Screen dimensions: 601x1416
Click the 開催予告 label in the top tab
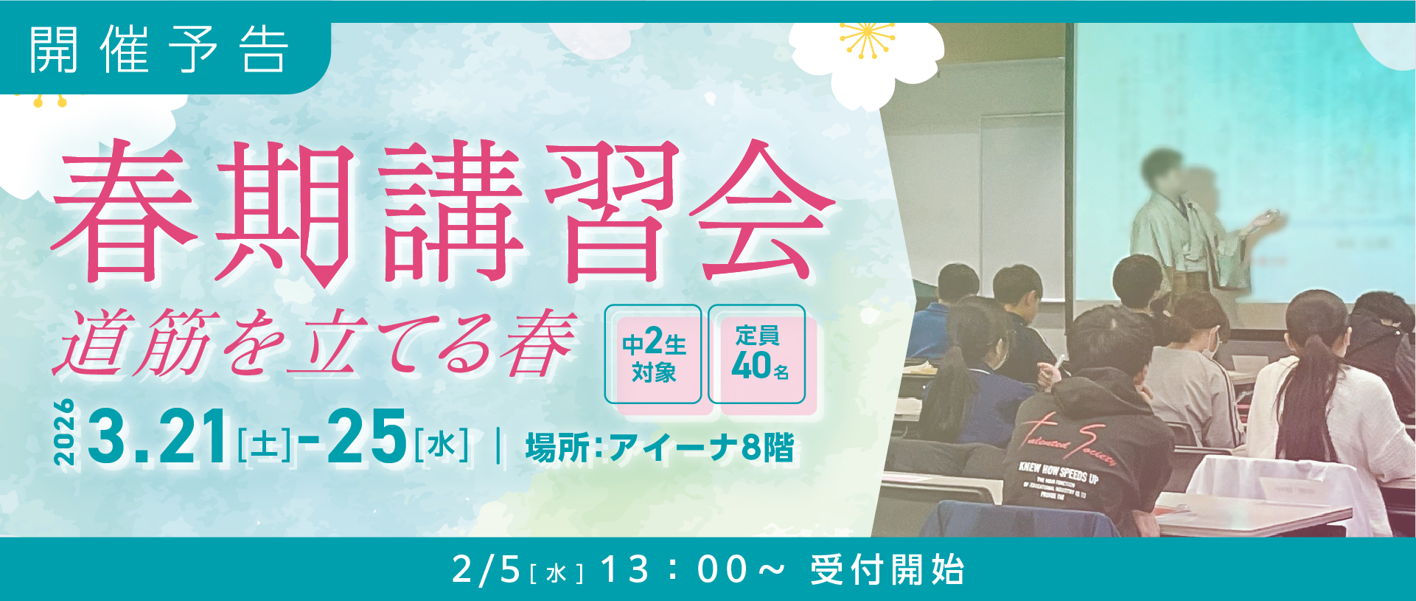[x=158, y=50]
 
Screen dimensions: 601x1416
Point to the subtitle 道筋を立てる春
[x=317, y=343]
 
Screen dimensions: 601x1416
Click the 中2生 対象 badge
[x=653, y=355]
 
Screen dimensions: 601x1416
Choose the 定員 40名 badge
[x=757, y=355]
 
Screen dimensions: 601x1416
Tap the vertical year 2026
[x=65, y=433]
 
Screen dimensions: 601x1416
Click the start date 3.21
[x=158, y=438]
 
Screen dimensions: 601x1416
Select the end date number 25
[x=367, y=438]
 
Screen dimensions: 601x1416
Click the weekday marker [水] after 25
[x=441, y=445]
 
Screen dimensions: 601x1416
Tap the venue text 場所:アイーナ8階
[x=660, y=448]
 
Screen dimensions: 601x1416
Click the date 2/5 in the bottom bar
[x=486, y=570]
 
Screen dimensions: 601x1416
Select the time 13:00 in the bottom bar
[x=674, y=570]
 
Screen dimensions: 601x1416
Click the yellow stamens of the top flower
[x=867, y=40]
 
